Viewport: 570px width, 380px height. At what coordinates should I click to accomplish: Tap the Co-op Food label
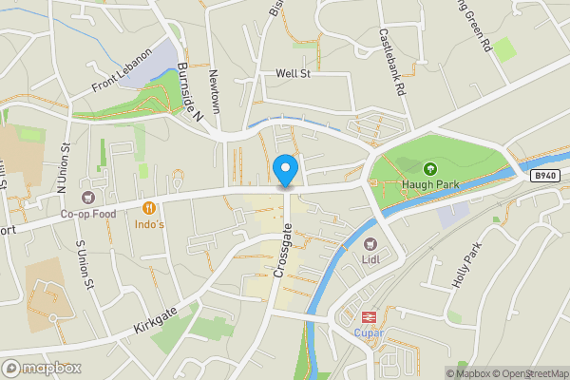click(88, 214)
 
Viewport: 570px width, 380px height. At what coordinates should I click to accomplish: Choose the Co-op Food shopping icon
click(88, 198)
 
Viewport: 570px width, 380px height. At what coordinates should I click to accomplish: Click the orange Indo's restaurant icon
click(149, 207)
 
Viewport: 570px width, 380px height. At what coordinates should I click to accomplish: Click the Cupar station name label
click(366, 333)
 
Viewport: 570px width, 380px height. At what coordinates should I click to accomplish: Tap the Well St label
click(293, 72)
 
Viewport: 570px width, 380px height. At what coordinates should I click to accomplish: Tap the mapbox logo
click(42, 368)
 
